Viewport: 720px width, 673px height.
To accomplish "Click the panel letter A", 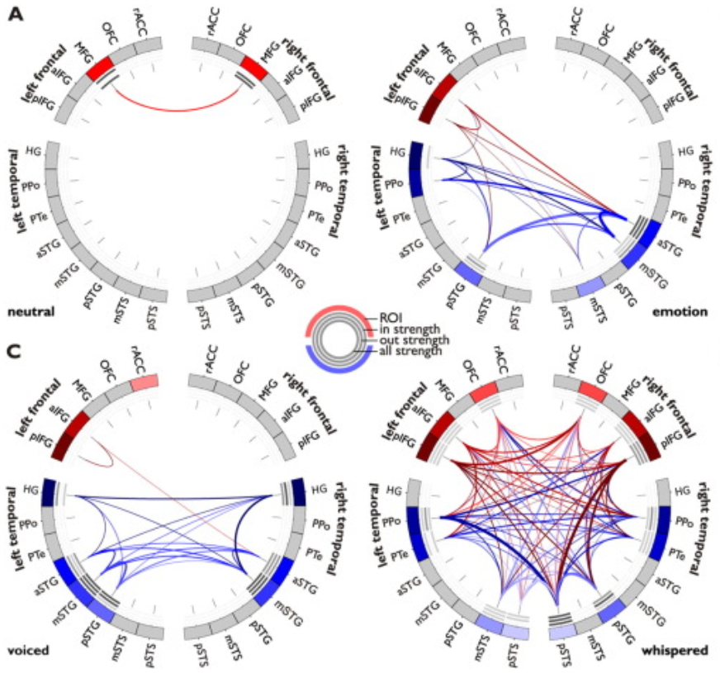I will pos(15,15).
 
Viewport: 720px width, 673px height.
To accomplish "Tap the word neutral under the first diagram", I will pos(31,313).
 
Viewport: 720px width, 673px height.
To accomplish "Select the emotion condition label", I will pos(680,313).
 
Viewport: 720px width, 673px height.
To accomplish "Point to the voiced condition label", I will pos(27,651).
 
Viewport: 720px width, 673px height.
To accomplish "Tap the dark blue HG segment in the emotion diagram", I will pos(415,158).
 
